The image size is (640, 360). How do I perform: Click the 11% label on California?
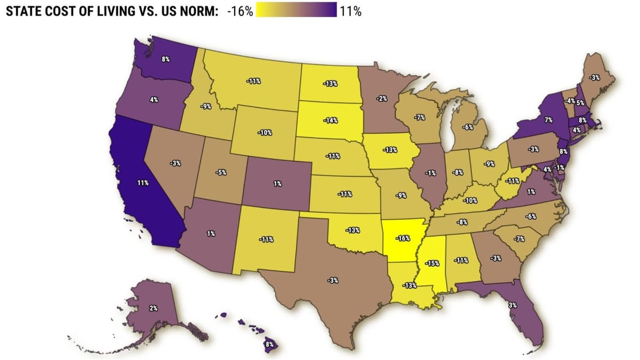pos(142,183)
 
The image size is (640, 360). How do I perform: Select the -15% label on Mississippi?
pos(432,263)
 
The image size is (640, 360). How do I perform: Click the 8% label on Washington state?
pos(166,59)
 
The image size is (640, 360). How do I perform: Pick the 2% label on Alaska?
pos(153,308)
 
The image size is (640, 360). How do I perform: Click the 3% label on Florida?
pos(513,305)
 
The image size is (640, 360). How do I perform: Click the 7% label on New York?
pos(548,121)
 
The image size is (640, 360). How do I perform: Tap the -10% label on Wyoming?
pos(265,132)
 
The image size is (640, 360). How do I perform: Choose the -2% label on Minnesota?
pos(381,98)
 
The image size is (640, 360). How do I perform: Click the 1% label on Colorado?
pos(277,183)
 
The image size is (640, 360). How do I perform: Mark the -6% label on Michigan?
pos(468,127)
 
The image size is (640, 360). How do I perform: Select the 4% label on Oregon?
pos(154,100)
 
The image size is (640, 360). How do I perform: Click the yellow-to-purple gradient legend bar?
pos(296,10)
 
